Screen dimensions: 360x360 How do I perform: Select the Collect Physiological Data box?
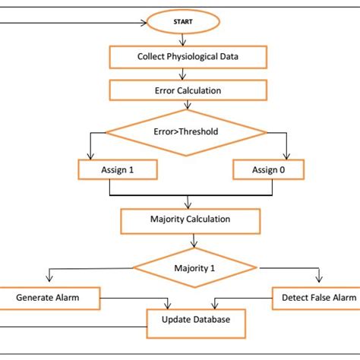[188, 56]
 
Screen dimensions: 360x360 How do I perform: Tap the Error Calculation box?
[188, 90]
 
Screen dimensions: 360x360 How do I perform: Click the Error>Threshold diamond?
[186, 131]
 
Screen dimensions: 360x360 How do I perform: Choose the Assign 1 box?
[118, 169]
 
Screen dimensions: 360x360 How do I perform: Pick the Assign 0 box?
[268, 169]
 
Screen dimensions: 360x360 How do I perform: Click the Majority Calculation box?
[190, 219]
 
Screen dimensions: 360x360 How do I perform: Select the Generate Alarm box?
[47, 298]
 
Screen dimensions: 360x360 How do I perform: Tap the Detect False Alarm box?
[314, 298]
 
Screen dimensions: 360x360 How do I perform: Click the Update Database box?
[195, 320]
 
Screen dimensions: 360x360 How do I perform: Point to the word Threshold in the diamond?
[198, 131]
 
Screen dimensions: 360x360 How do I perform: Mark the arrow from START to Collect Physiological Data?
[184, 39]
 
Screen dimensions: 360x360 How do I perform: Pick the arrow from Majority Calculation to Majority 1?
[196, 241]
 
